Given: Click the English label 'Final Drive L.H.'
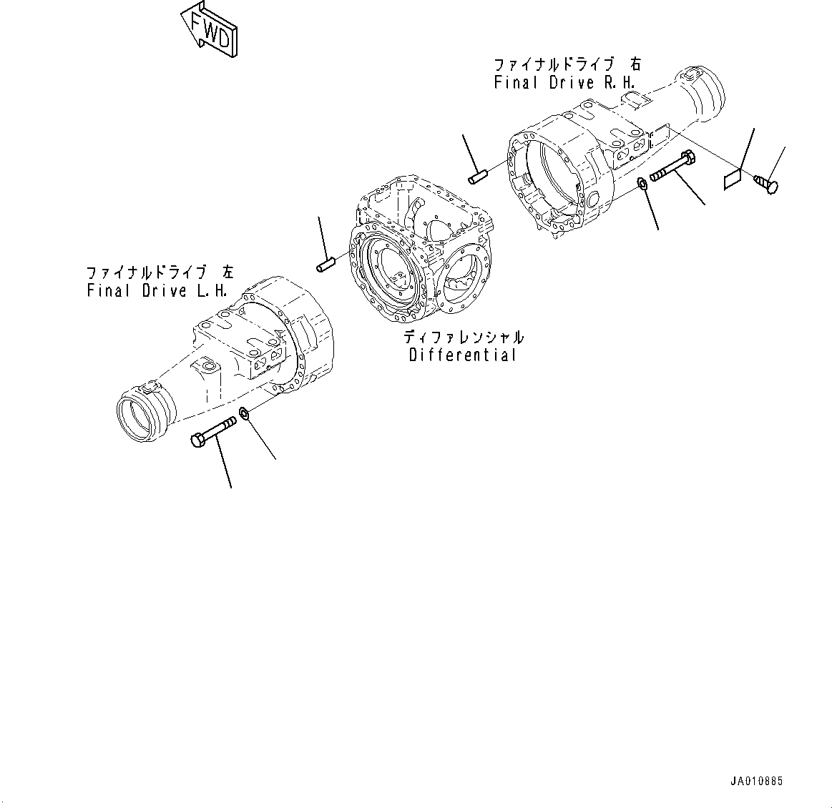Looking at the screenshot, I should [x=157, y=291].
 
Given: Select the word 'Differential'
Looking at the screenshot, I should [x=462, y=355].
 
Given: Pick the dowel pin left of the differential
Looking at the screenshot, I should [x=326, y=265].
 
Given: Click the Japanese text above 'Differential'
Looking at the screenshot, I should [x=462, y=337].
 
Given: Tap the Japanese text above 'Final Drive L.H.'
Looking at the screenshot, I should [x=159, y=272].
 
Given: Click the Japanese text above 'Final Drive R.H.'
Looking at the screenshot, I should [x=567, y=64].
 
